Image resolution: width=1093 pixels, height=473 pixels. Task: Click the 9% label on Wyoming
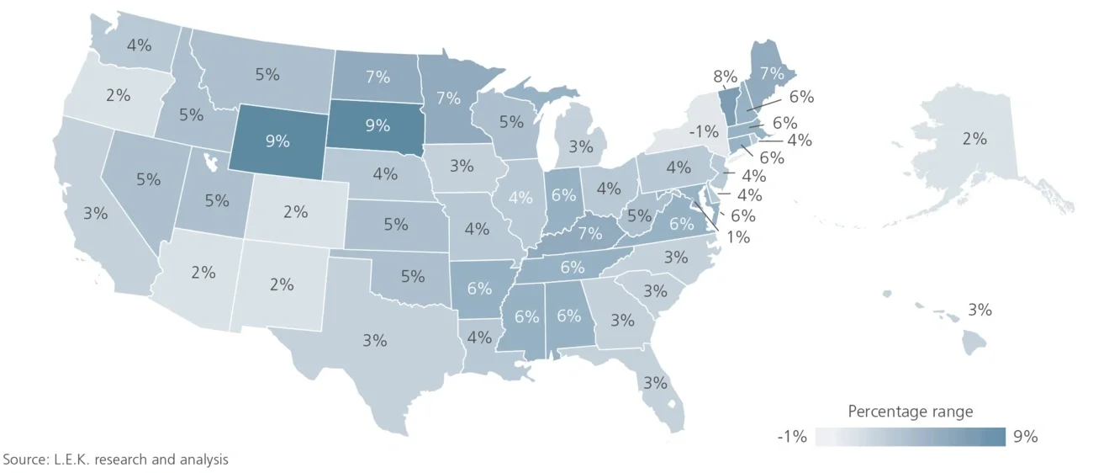(277, 141)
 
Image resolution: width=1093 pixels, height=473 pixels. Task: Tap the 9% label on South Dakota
(378, 125)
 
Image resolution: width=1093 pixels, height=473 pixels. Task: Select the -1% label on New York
(703, 131)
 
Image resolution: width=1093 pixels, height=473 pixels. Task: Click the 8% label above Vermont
(725, 77)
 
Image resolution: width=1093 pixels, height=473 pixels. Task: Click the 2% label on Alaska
(974, 139)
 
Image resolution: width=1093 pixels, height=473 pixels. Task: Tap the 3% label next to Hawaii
(979, 310)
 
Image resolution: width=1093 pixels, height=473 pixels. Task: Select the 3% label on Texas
(375, 341)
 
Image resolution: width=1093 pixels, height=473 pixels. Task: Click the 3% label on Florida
(655, 383)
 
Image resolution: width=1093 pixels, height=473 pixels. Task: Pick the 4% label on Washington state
(139, 45)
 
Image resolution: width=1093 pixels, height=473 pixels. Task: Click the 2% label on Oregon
(118, 95)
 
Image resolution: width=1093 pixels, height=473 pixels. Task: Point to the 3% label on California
(95, 213)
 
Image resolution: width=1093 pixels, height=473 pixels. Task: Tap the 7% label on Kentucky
(589, 233)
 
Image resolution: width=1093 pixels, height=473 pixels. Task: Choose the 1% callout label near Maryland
(737, 237)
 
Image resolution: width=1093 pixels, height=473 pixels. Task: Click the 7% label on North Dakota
(378, 77)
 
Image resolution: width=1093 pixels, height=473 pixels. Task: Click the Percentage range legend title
(910, 412)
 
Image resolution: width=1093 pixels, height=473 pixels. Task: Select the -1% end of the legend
(792, 437)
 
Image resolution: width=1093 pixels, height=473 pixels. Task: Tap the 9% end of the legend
(1027, 437)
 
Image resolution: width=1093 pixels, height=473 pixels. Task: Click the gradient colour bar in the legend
(911, 437)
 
